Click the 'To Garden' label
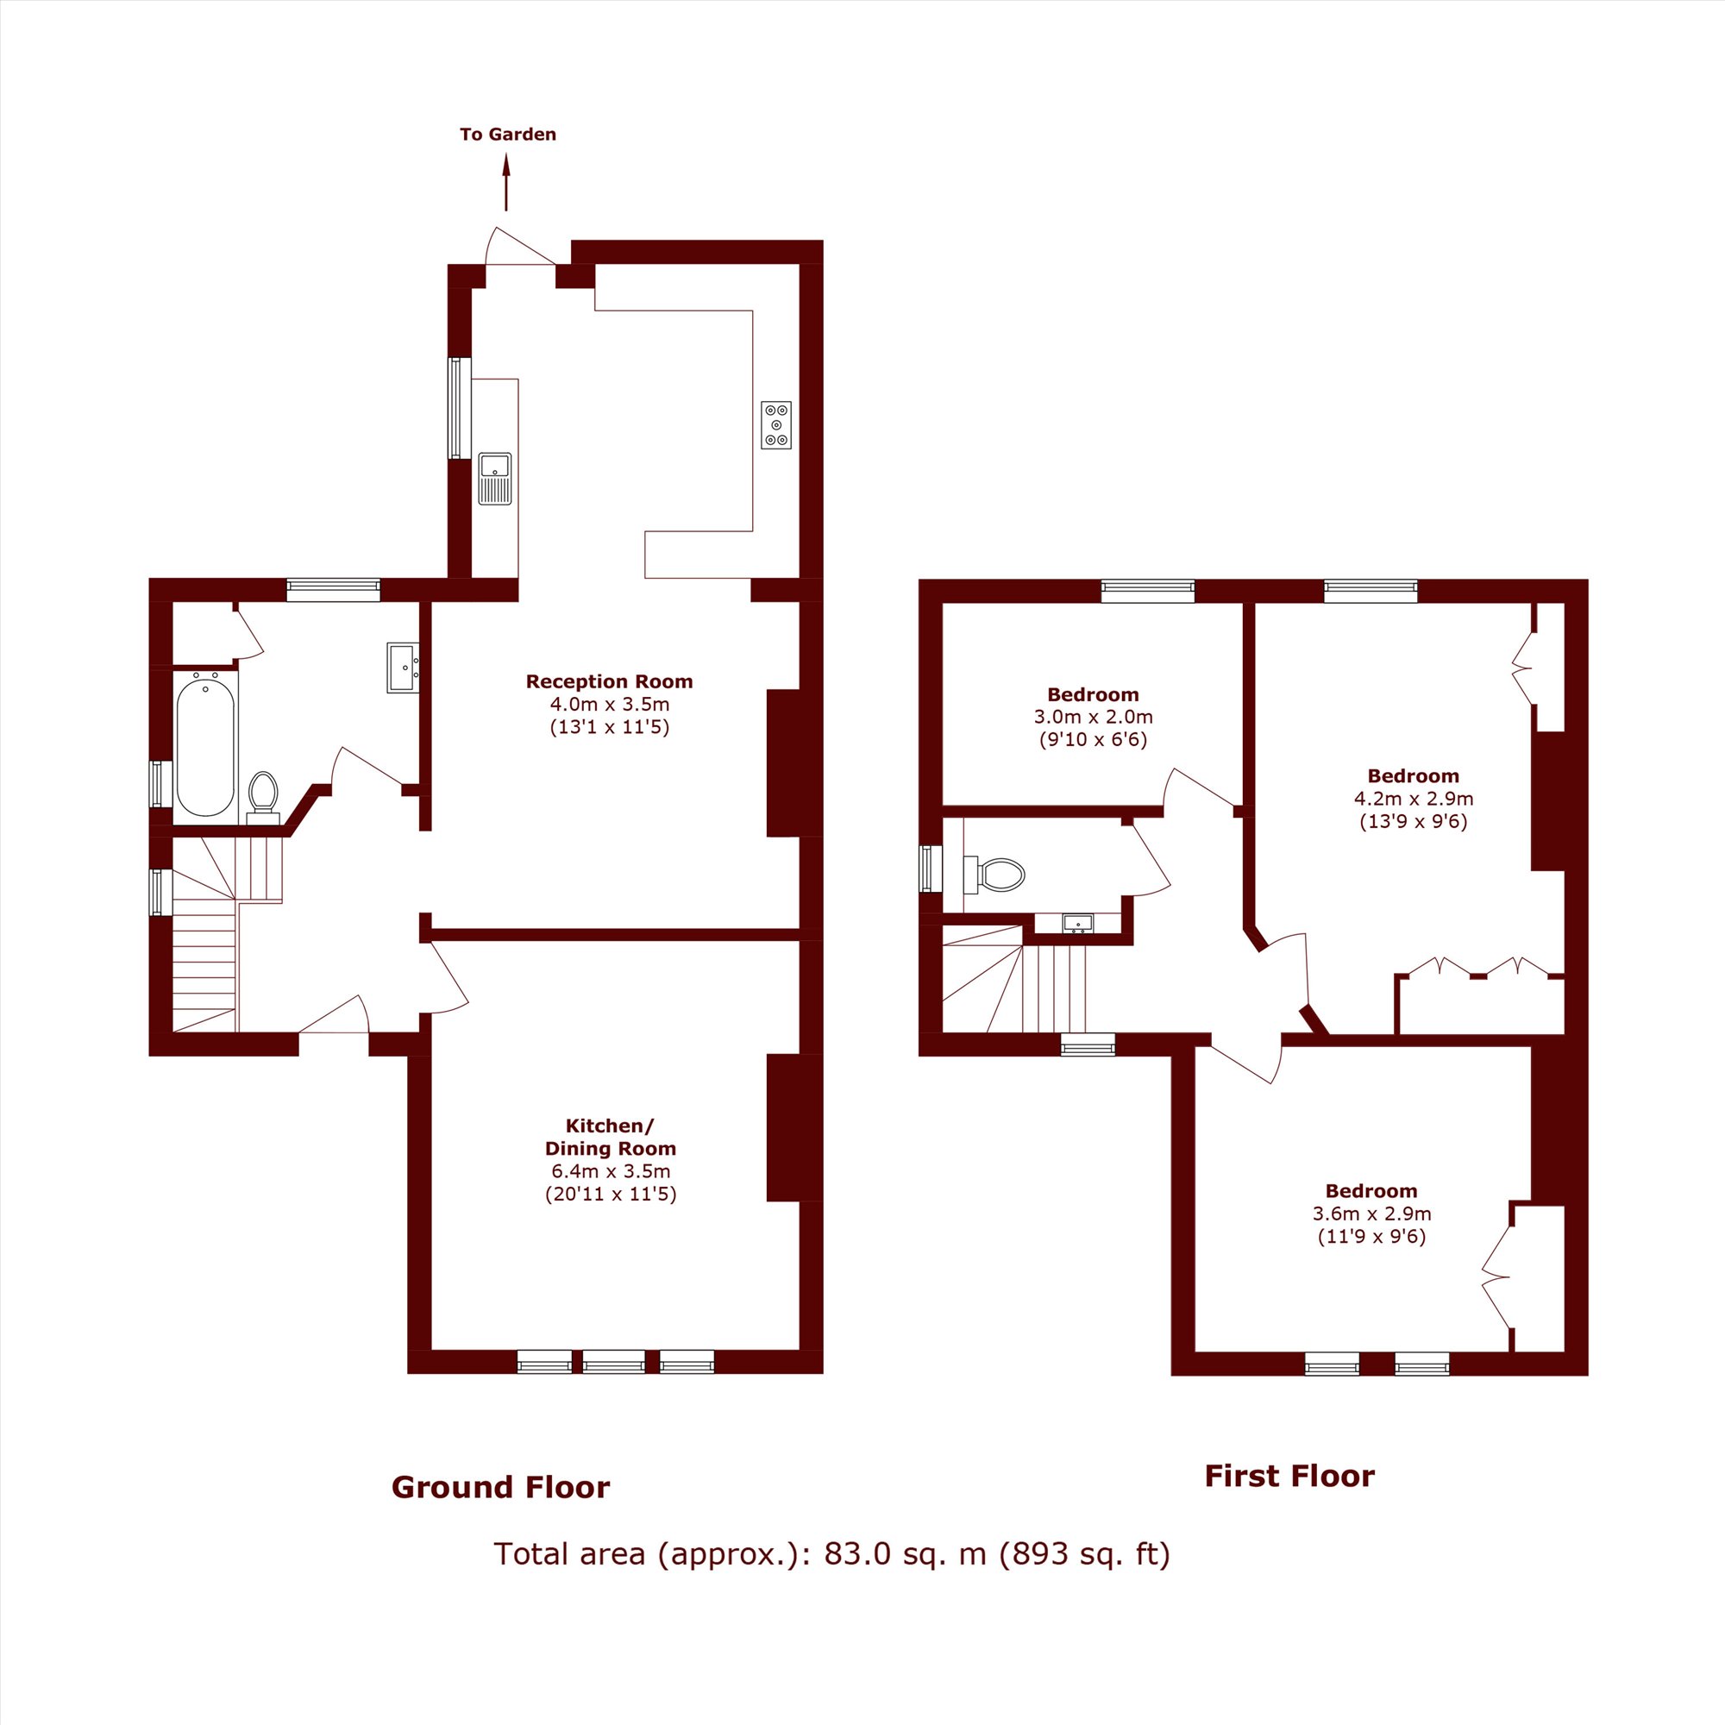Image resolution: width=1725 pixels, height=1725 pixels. point(508,135)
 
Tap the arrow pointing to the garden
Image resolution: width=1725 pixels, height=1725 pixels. point(506,182)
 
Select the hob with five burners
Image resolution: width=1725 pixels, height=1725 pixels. point(776,425)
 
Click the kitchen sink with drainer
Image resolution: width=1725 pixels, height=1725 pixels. point(496,479)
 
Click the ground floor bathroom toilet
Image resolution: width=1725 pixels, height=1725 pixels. point(262,793)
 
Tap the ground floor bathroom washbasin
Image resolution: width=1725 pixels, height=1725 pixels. point(404,667)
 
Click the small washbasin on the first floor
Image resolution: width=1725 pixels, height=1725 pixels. point(1077,922)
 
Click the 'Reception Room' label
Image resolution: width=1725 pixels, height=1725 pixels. point(609,681)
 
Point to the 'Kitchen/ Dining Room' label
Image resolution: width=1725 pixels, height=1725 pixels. point(611,1137)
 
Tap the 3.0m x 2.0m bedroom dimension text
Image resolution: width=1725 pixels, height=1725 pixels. point(1093,716)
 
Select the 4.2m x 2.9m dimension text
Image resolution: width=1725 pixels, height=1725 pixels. point(1414,798)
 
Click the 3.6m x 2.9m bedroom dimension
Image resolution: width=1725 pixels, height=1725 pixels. point(1371,1214)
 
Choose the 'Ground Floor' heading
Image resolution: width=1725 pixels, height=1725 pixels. point(500,1487)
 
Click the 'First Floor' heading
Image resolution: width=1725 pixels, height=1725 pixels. point(1289,1476)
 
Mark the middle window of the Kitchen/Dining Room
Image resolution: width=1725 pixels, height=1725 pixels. point(613,1362)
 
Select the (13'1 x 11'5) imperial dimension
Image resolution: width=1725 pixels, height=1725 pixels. point(609,727)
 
